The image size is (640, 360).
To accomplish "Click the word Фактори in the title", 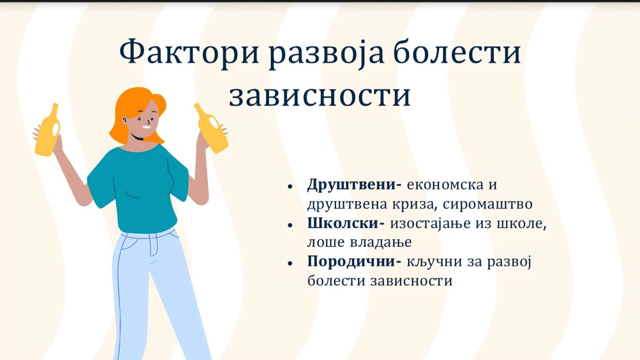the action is click(189, 52).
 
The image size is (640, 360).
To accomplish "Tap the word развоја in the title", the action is click(326, 53).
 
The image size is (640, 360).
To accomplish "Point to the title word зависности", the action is click(320, 96).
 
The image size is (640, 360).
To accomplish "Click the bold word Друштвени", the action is click(354, 185).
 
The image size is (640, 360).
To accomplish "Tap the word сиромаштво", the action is click(487, 205).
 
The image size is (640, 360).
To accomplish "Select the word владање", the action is click(381, 243).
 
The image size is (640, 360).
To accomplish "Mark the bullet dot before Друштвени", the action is click(290, 186).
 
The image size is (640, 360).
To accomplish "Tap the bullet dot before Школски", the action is click(290, 225).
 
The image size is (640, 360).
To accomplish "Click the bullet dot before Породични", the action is click(290, 263).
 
